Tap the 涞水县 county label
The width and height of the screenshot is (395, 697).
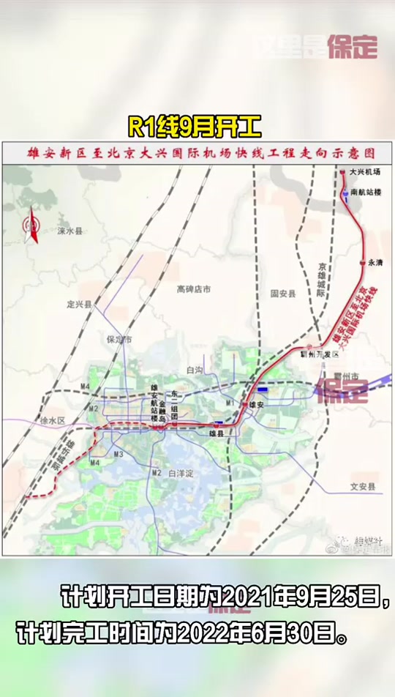tap(70, 231)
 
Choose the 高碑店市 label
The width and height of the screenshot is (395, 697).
tap(193, 289)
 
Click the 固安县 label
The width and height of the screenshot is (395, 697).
tap(282, 293)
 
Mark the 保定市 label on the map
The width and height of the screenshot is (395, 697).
tap(118, 340)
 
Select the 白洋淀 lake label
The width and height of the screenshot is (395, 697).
tap(181, 474)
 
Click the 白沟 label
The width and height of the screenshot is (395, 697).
tap(195, 370)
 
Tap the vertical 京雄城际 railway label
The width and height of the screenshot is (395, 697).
tap(321, 279)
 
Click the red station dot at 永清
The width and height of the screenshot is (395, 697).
tap(362, 262)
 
